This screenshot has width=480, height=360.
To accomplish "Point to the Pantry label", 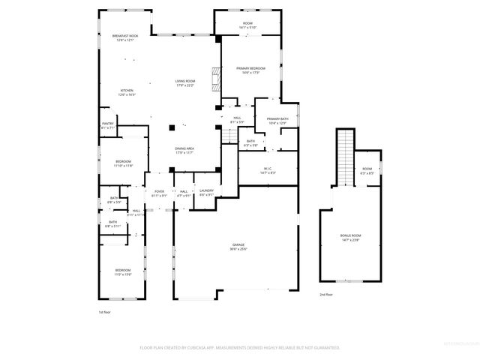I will (108, 126).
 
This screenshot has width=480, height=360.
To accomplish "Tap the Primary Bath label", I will (277, 121).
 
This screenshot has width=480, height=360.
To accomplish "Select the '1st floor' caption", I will (105, 311).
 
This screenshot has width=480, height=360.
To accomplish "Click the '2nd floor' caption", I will (326, 295).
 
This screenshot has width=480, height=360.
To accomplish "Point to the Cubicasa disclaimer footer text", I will (240, 348).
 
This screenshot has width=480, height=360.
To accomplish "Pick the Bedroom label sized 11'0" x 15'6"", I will (122, 271).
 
